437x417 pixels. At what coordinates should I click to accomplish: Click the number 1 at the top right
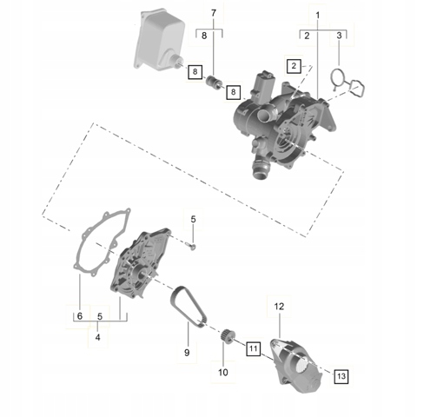tap(318, 16)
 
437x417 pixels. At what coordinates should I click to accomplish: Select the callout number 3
tap(339, 36)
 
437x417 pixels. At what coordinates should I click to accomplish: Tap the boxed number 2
tap(294, 66)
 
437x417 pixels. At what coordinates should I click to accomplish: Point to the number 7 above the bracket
tap(214, 13)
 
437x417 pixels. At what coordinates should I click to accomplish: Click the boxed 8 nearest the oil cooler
tap(195, 71)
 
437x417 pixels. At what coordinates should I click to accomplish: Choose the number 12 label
tap(279, 307)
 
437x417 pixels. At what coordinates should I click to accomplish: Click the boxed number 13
tap(341, 376)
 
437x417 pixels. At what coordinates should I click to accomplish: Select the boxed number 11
tap(254, 348)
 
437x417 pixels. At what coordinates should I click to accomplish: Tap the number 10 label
tap(223, 372)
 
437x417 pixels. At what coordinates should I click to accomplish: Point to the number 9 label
tap(187, 353)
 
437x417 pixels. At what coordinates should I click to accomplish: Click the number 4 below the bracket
tap(98, 337)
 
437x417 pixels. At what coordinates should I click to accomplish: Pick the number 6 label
tap(80, 316)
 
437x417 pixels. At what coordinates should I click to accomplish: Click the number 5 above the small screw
tap(194, 219)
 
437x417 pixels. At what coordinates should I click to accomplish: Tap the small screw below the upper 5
tap(192, 247)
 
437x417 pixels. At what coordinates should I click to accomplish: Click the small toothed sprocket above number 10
tap(226, 335)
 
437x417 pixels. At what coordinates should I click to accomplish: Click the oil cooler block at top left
tap(158, 41)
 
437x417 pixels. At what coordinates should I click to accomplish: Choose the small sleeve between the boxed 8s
tap(213, 83)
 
